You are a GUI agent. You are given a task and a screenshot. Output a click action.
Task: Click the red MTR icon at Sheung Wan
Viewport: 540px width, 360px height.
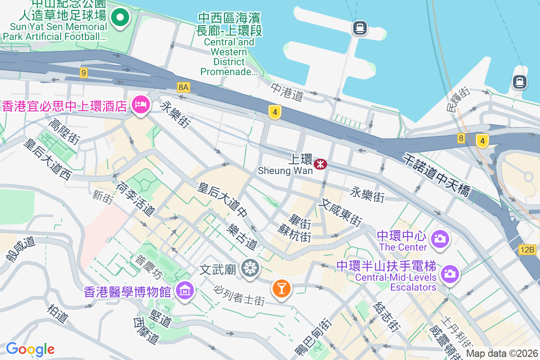(x=320, y=164)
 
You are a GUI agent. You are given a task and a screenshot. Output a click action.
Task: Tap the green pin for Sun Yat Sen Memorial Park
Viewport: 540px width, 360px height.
(x=120, y=18)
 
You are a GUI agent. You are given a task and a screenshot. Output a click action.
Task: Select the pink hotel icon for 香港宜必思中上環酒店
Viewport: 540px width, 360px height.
(x=140, y=105)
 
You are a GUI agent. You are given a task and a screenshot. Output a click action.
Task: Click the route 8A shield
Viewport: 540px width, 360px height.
(x=183, y=87)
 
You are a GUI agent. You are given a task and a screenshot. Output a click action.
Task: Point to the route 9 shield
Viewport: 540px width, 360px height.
(x=84, y=72)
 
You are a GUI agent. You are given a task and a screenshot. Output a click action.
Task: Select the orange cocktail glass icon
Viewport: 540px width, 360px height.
(x=282, y=288)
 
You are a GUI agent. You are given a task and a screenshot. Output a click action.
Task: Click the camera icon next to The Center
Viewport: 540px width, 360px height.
(x=440, y=238)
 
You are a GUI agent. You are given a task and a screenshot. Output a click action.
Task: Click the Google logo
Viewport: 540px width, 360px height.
(x=30, y=349)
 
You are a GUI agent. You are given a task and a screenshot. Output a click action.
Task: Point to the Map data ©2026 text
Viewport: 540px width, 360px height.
(x=501, y=354)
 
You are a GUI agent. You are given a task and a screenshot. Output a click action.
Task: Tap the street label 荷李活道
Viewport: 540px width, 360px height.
(x=135, y=198)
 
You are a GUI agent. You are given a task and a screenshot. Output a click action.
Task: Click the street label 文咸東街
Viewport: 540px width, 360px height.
(x=340, y=213)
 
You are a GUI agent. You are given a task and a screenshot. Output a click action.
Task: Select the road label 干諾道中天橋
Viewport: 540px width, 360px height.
(x=436, y=175)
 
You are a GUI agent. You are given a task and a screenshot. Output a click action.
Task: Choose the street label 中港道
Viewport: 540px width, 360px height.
(x=287, y=92)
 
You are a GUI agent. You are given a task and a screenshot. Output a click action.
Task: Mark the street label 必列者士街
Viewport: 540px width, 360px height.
(x=239, y=295)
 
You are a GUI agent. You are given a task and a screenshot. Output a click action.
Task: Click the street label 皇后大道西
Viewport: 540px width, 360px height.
(x=48, y=159)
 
